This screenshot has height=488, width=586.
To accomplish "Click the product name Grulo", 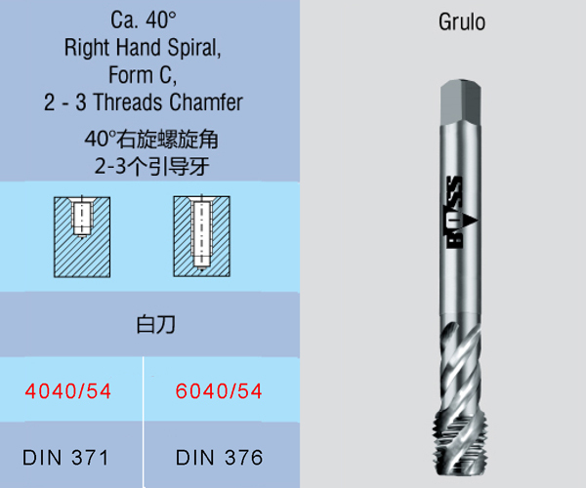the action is (x=462, y=22).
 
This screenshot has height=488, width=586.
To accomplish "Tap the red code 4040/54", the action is (x=68, y=391).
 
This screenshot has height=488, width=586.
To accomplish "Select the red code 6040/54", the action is (x=219, y=391).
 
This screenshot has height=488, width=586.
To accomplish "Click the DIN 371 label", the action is (x=65, y=458).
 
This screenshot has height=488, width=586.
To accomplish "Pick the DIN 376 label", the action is (x=220, y=458).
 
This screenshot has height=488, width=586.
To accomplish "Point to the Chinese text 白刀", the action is (x=155, y=324).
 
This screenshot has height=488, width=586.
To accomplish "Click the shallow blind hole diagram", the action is (x=82, y=237).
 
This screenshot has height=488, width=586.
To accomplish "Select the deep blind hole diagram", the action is (x=201, y=236).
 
